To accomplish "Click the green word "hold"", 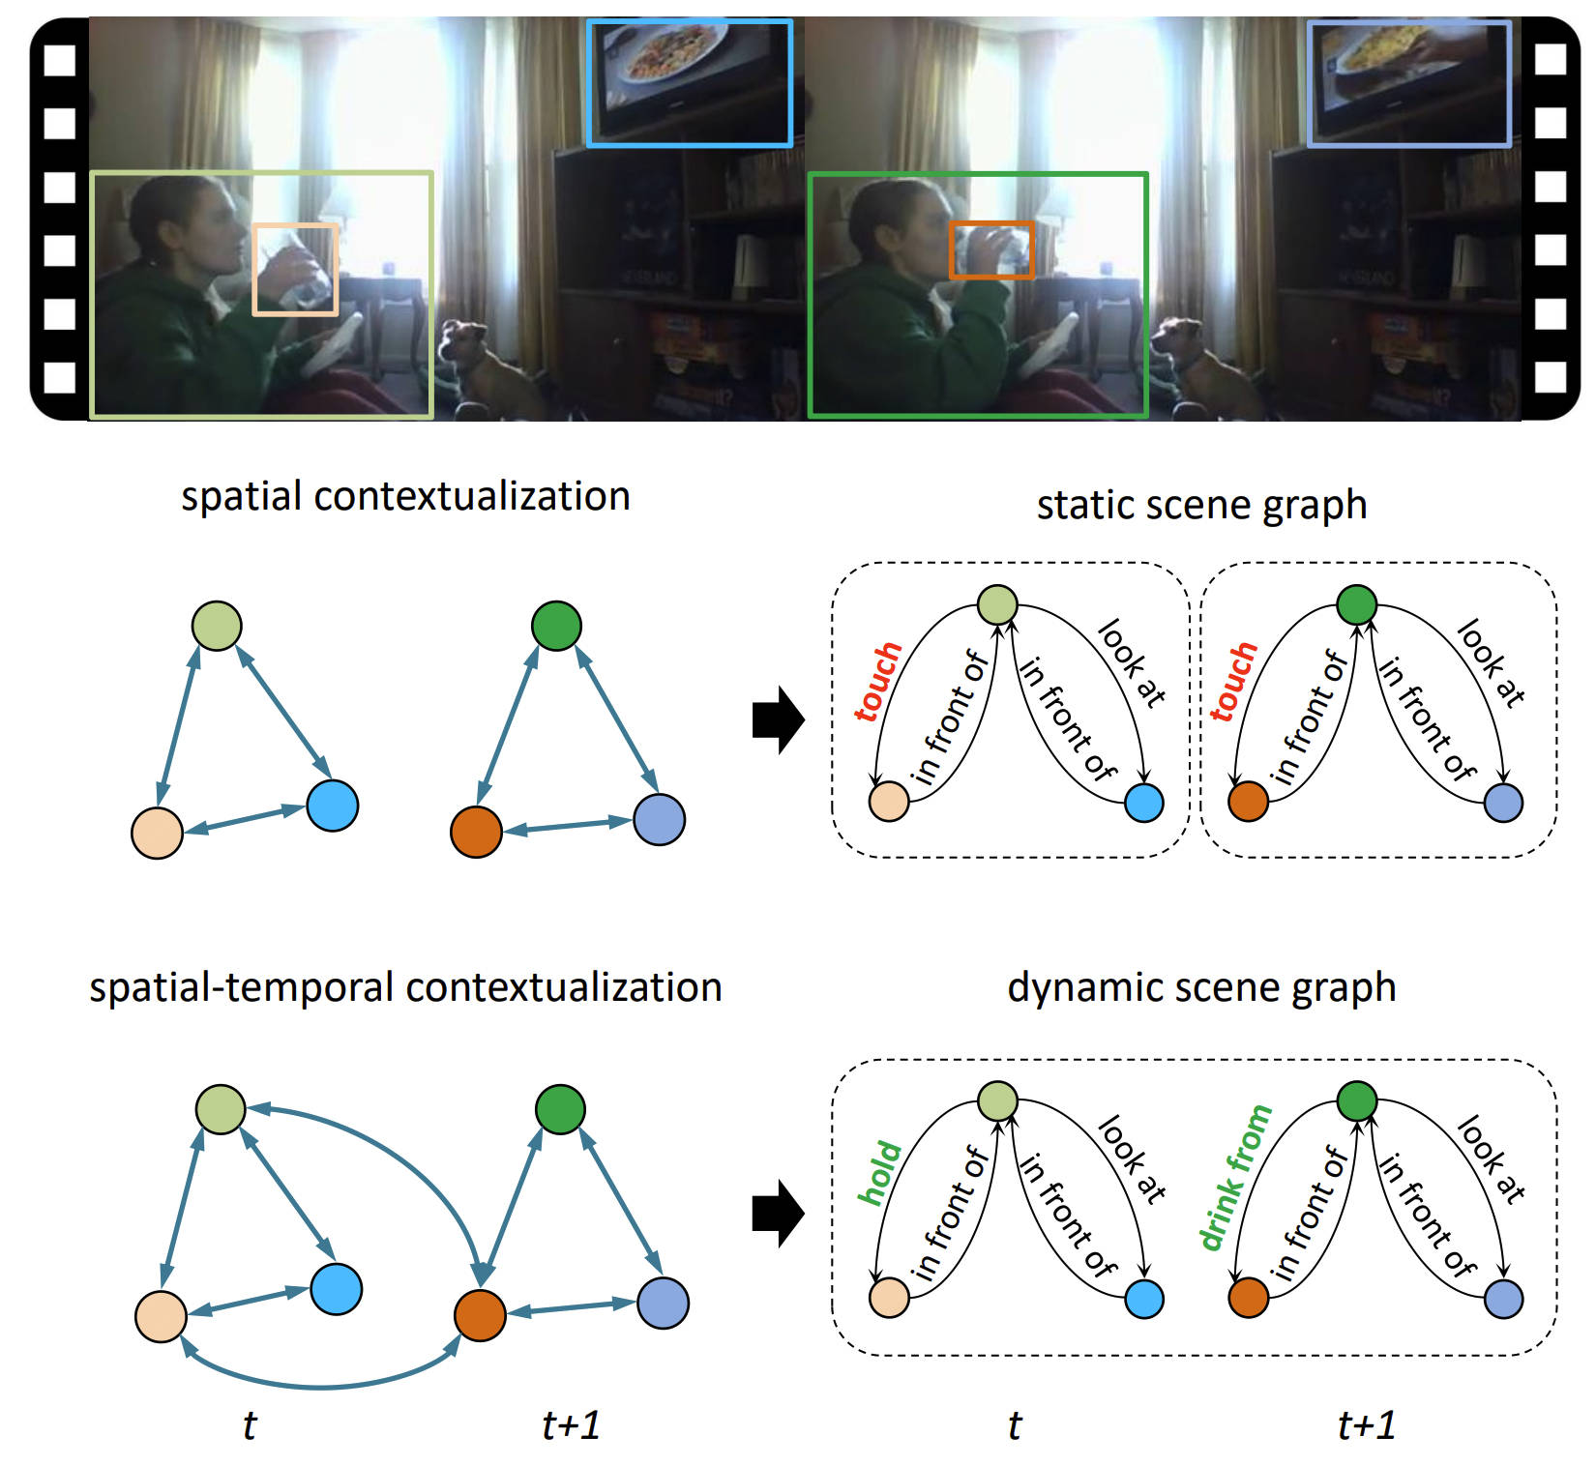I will [x=879, y=1173].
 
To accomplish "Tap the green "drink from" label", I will [x=1234, y=1178].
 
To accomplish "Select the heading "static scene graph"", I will [x=1201, y=505].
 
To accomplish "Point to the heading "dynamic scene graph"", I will [x=1201, y=987].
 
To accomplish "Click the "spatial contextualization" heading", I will [x=405, y=496].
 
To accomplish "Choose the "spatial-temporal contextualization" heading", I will [x=405, y=987].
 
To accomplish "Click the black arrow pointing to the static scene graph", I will [x=778, y=719].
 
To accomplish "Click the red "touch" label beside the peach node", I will [x=877, y=681].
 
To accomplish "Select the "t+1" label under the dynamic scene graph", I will [x=1366, y=1424].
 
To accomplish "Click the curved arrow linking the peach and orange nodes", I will [x=319, y=1385].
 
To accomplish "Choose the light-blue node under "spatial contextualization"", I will [x=333, y=806].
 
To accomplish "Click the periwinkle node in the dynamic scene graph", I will [x=1503, y=1299].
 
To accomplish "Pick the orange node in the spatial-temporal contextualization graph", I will [x=480, y=1315].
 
